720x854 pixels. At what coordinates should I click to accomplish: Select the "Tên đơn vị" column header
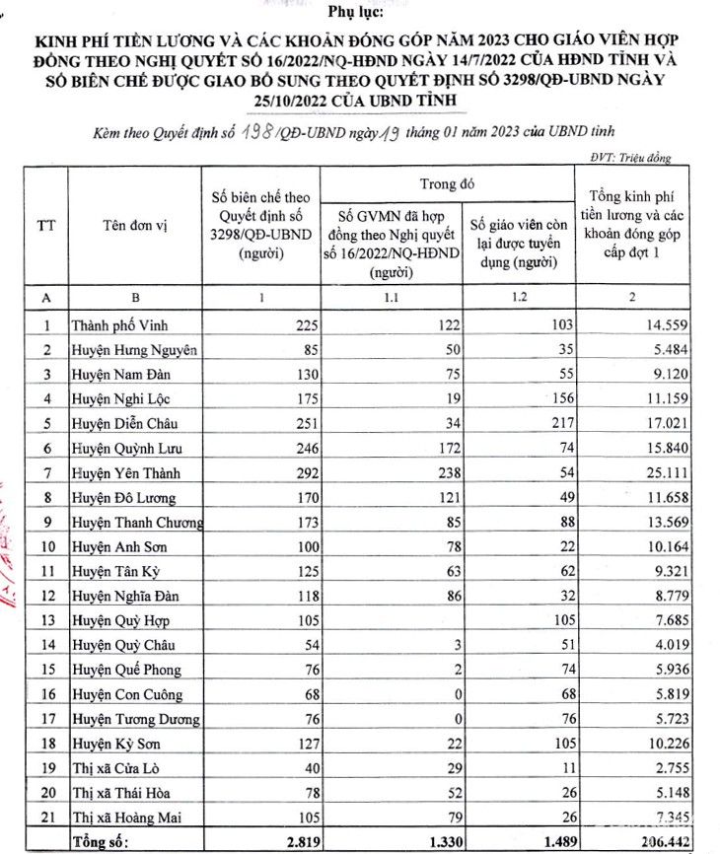(x=135, y=226)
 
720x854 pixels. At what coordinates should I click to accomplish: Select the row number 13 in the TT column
(x=45, y=620)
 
